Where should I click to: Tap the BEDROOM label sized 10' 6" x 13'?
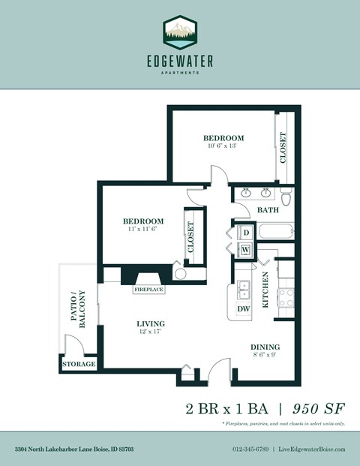click(x=223, y=139)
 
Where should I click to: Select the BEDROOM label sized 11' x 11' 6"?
click(x=142, y=221)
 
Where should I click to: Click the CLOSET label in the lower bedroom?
click(x=190, y=236)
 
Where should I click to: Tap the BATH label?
click(x=268, y=211)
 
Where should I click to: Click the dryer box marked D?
click(x=244, y=233)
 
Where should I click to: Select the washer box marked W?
click(x=244, y=249)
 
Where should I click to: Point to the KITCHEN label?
click(x=265, y=291)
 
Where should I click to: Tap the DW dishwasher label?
click(x=243, y=308)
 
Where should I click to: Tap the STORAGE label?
click(x=79, y=365)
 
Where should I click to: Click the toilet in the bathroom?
click(x=285, y=197)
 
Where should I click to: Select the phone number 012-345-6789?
click(x=249, y=449)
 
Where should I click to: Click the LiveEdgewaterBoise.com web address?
click(x=313, y=449)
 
